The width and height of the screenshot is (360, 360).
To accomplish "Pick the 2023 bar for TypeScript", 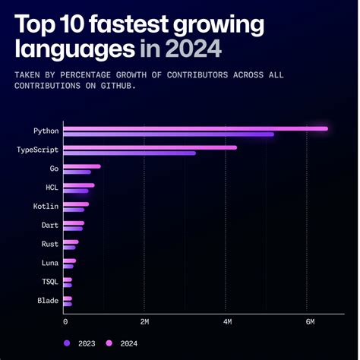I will click(x=130, y=153).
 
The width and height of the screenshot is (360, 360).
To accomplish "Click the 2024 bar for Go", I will click(x=82, y=166).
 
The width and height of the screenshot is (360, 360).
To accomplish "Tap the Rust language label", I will click(x=49, y=245).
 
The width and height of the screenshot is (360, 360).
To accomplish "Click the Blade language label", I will click(x=47, y=301).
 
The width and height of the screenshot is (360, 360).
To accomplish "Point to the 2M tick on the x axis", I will click(x=145, y=322).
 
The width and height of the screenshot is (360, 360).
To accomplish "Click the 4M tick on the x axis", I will click(x=226, y=322).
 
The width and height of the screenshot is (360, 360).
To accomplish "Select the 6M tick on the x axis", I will click(x=308, y=322).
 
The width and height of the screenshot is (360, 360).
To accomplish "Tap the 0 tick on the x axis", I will click(x=65, y=322).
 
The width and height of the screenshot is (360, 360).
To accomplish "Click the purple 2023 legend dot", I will click(x=68, y=343).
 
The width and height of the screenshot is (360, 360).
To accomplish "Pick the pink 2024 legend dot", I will click(x=109, y=343).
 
